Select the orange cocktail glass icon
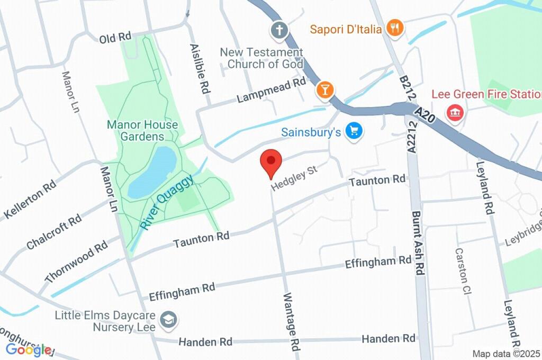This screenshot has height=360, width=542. pos(324,89)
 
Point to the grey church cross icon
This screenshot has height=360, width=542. pos(278,30)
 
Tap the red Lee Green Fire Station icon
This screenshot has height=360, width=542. pos(454,112)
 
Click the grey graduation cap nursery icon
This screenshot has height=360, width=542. pos(170,319)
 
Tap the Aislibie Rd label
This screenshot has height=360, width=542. pos(197,69)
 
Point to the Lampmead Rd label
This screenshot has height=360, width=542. pos(272,90)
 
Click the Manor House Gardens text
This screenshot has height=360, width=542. pos(135,130)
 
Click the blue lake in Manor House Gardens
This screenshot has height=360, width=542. pos(152,172)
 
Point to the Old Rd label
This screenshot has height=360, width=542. pos(115,38)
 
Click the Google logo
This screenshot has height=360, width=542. pos(29,349)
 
